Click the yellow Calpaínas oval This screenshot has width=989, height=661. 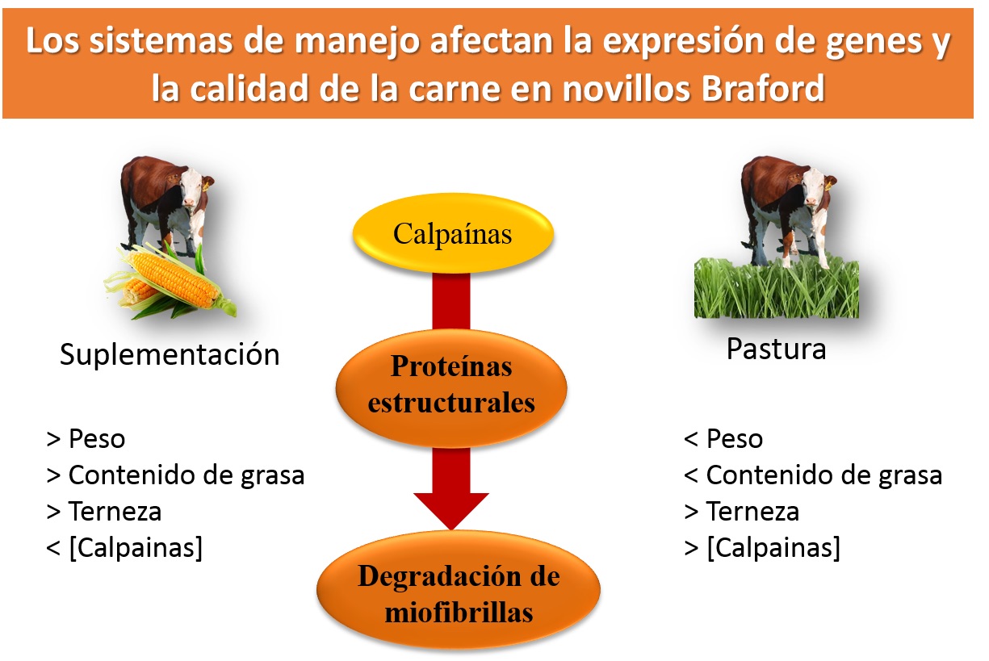tap(453, 233)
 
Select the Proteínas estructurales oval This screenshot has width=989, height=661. tap(450, 388)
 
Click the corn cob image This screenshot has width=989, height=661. tap(171, 280)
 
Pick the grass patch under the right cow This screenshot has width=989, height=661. tap(776, 288)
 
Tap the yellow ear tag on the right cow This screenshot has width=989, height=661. tap(828, 186)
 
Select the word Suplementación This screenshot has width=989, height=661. tap(170, 355)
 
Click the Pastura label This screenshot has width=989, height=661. tap(776, 349)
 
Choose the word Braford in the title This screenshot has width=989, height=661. tap(762, 88)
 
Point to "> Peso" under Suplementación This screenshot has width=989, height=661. tap(86, 439)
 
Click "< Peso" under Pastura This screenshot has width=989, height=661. tap(723, 439)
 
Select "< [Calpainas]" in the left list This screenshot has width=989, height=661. tap(124, 548)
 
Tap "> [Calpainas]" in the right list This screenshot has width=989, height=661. tap(762, 548)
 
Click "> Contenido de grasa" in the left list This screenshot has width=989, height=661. tap(175, 475)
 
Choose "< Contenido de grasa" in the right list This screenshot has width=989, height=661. tap(813, 475)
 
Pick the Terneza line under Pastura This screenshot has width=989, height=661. tap(742, 512)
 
